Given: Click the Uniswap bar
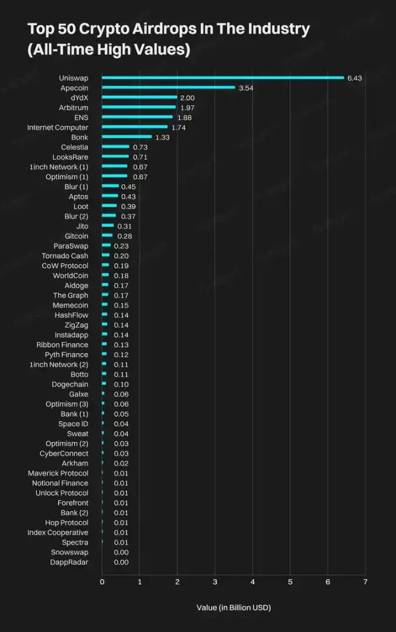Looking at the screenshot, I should tap(223, 78).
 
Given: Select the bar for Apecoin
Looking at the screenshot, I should tap(169, 88).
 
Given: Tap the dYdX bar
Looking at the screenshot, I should tap(139, 98).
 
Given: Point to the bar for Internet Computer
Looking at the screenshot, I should tap(135, 127).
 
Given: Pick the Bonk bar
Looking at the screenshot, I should tap(127, 137).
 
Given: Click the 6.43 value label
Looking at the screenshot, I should tap(355, 78).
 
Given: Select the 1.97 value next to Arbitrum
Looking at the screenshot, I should tap(187, 108).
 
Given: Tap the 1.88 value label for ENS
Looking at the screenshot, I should tap(185, 118).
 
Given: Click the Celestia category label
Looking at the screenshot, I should tap(74, 147).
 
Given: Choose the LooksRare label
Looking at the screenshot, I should tap(70, 157).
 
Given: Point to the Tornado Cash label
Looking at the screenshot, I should tap(65, 256).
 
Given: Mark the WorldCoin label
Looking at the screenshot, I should tap(70, 276).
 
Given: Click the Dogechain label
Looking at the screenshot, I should tap(70, 384).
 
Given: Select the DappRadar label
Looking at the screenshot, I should tap(69, 562).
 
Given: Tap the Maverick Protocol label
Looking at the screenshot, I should tap(58, 473).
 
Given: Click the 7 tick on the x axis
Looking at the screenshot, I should tap(365, 582).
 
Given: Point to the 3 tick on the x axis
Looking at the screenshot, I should tap(215, 582).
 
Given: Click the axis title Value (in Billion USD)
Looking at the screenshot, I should tap(234, 607).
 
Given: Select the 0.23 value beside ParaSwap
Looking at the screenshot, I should tap(121, 246).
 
